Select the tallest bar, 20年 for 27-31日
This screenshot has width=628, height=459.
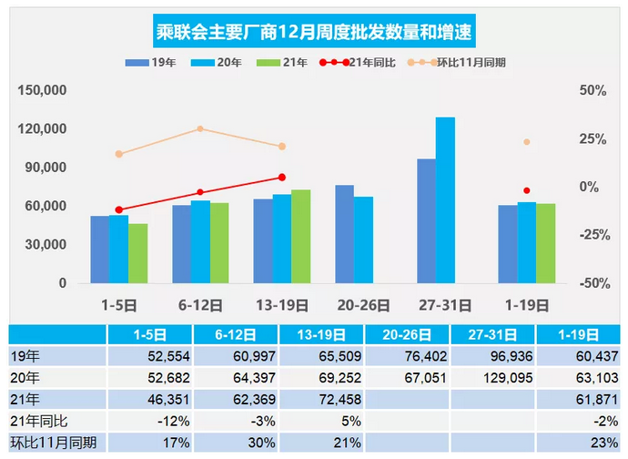tap(445, 200)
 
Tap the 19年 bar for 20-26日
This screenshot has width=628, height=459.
tap(344, 234)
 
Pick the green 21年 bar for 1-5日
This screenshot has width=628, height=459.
tap(137, 253)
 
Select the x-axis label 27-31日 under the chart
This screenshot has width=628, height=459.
tap(445, 305)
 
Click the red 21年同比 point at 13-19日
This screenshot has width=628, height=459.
tap(282, 178)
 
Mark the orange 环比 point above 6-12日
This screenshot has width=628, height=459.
tap(200, 128)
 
